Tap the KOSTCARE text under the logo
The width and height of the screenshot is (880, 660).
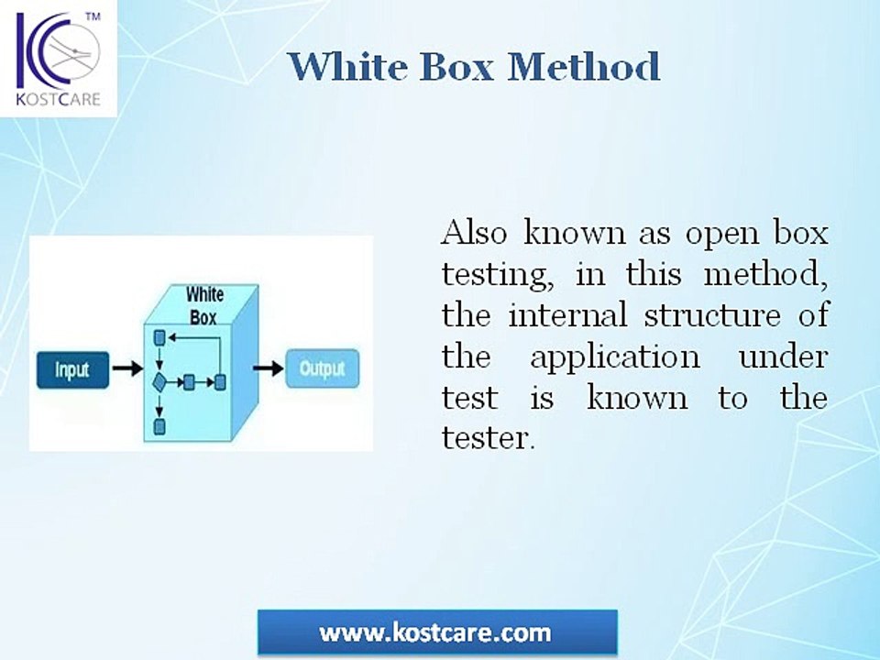pyautogui.click(x=58, y=99)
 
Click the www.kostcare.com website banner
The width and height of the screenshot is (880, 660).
pyautogui.click(x=436, y=632)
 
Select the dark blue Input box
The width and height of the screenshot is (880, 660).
pyautogui.click(x=72, y=369)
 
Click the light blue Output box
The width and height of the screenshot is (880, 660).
pyautogui.click(x=322, y=368)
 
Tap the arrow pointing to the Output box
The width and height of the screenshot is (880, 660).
pyautogui.click(x=268, y=368)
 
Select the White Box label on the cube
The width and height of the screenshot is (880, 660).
pyautogui.click(x=203, y=306)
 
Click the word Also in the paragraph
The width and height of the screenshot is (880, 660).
pyautogui.click(x=474, y=233)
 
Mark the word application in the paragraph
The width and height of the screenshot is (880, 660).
pyautogui.click(x=614, y=357)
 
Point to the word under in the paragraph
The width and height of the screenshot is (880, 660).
pyautogui.click(x=782, y=356)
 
